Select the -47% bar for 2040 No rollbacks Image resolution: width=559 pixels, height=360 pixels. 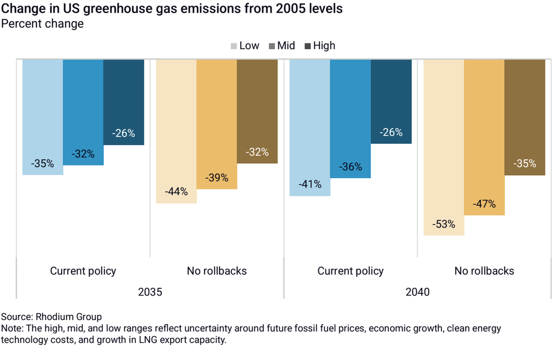point(484,137)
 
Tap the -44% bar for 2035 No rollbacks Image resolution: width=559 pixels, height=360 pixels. point(176,131)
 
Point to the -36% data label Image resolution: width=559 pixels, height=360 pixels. point(350,167)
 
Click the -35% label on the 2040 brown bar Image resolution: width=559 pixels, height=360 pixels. point(525,164)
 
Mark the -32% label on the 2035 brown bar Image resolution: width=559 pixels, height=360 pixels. point(257,152)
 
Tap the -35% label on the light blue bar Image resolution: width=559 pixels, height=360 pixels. point(43,164)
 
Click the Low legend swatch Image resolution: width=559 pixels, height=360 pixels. point(234,46)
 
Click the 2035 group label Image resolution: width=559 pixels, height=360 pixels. point(150,292)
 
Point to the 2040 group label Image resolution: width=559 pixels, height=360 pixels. point(418,292)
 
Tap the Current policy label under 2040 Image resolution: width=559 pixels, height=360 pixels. point(350,271)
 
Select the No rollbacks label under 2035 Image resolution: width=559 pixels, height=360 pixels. point(217,271)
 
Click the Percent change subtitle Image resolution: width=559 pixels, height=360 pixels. point(43,24)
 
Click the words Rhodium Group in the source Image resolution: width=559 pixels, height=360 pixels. point(68,317)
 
